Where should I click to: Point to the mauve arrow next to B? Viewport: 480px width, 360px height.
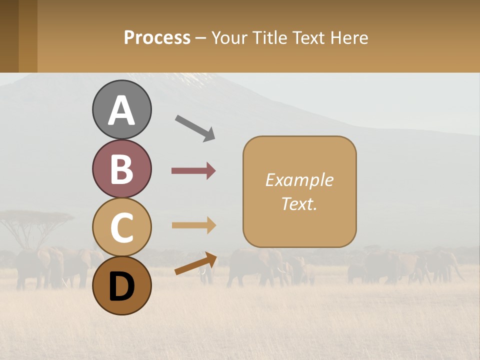tap(193, 171)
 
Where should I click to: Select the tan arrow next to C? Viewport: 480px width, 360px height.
tap(194, 225)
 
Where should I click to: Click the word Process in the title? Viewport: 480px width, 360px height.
tap(157, 37)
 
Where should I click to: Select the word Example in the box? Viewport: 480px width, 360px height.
tap(299, 180)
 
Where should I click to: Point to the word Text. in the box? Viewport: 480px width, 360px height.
tap(299, 203)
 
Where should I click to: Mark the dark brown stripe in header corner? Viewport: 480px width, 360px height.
tap(9, 36)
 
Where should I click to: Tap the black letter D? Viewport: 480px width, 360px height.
tap(122, 286)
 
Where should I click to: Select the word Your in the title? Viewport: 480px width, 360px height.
tap(229, 37)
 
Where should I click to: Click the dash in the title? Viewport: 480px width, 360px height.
tap(201, 38)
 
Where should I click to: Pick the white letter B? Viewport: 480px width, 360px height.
tap(122, 169)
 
